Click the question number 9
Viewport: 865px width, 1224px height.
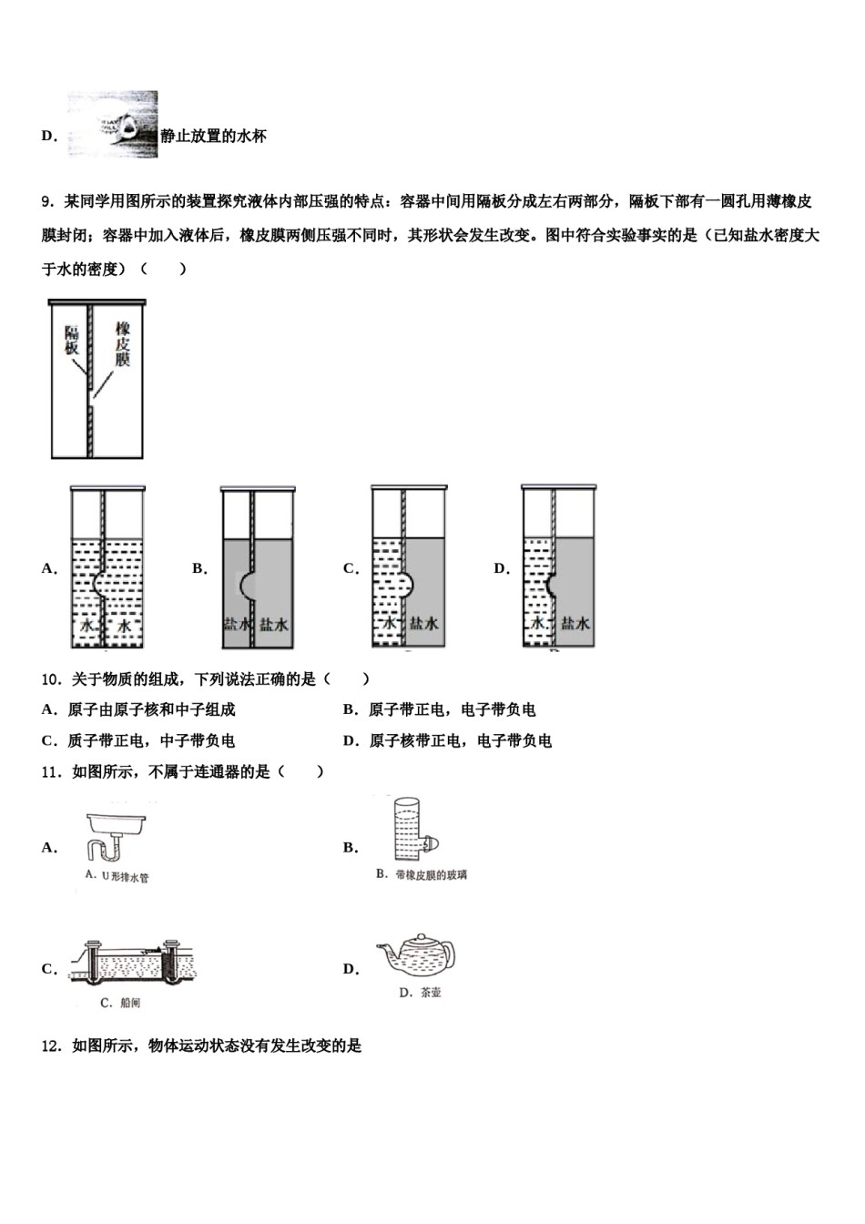48,201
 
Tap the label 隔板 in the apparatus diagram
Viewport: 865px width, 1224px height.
71,341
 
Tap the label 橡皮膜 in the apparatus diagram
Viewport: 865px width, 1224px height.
122,343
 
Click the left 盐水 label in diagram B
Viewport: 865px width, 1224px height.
237,624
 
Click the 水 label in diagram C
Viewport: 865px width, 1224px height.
389,623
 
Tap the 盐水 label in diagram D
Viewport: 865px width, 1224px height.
575,623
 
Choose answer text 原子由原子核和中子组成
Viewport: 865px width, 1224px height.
151,710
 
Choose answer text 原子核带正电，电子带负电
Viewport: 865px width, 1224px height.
460,741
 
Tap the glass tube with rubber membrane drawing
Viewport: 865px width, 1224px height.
408,828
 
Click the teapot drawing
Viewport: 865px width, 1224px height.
419,955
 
